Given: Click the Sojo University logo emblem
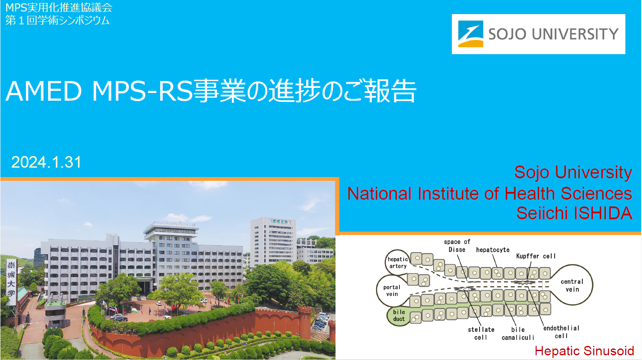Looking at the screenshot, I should pyautogui.click(x=471, y=34).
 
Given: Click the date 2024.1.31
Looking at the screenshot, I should pyautogui.click(x=46, y=162).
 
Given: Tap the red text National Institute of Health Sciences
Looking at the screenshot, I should pyautogui.click(x=489, y=194).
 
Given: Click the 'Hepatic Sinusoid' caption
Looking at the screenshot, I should pyautogui.click(x=584, y=351).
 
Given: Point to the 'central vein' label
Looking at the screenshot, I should pyautogui.click(x=572, y=285).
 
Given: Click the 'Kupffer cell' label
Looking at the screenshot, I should pyautogui.click(x=536, y=256).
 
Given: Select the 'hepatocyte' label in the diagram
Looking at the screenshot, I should pyautogui.click(x=492, y=250).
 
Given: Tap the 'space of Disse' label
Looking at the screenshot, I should pyautogui.click(x=457, y=246).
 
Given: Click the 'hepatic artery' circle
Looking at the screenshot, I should pyautogui.click(x=397, y=262).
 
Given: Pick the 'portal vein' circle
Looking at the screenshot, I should pyautogui.click(x=391, y=290).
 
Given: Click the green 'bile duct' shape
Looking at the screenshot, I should pyautogui.click(x=399, y=316).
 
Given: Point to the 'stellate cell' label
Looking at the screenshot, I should pyautogui.click(x=481, y=333).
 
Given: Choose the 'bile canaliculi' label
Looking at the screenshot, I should pyautogui.click(x=518, y=333).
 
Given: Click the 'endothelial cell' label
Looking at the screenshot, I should pyautogui.click(x=561, y=332).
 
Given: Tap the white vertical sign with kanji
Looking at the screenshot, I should pyautogui.click(x=11, y=282).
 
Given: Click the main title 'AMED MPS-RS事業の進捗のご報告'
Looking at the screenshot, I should pyautogui.click(x=211, y=91).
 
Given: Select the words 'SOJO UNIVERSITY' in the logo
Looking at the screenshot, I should pyautogui.click(x=553, y=34).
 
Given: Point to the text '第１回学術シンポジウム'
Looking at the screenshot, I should pyautogui.click(x=58, y=20).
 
